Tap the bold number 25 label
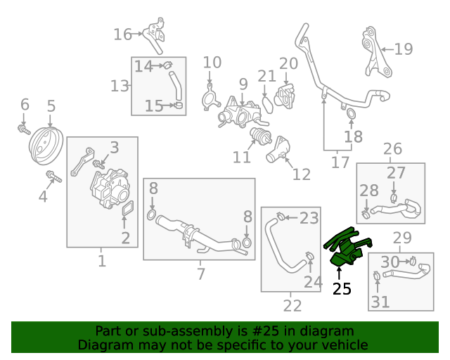[342, 289]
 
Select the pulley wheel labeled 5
[46, 146]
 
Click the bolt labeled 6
[24, 130]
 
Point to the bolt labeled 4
[54, 176]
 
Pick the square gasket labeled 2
[128, 207]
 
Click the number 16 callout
[123, 34]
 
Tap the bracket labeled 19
[376, 53]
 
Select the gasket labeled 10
[211, 98]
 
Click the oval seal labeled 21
[268, 105]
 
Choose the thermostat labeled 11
[261, 136]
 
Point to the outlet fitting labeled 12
[278, 150]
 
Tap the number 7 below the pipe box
[201, 274]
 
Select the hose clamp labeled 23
[281, 216]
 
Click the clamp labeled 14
[167, 65]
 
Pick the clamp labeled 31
[377, 276]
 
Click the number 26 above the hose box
[392, 148]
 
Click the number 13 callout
[120, 86]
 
